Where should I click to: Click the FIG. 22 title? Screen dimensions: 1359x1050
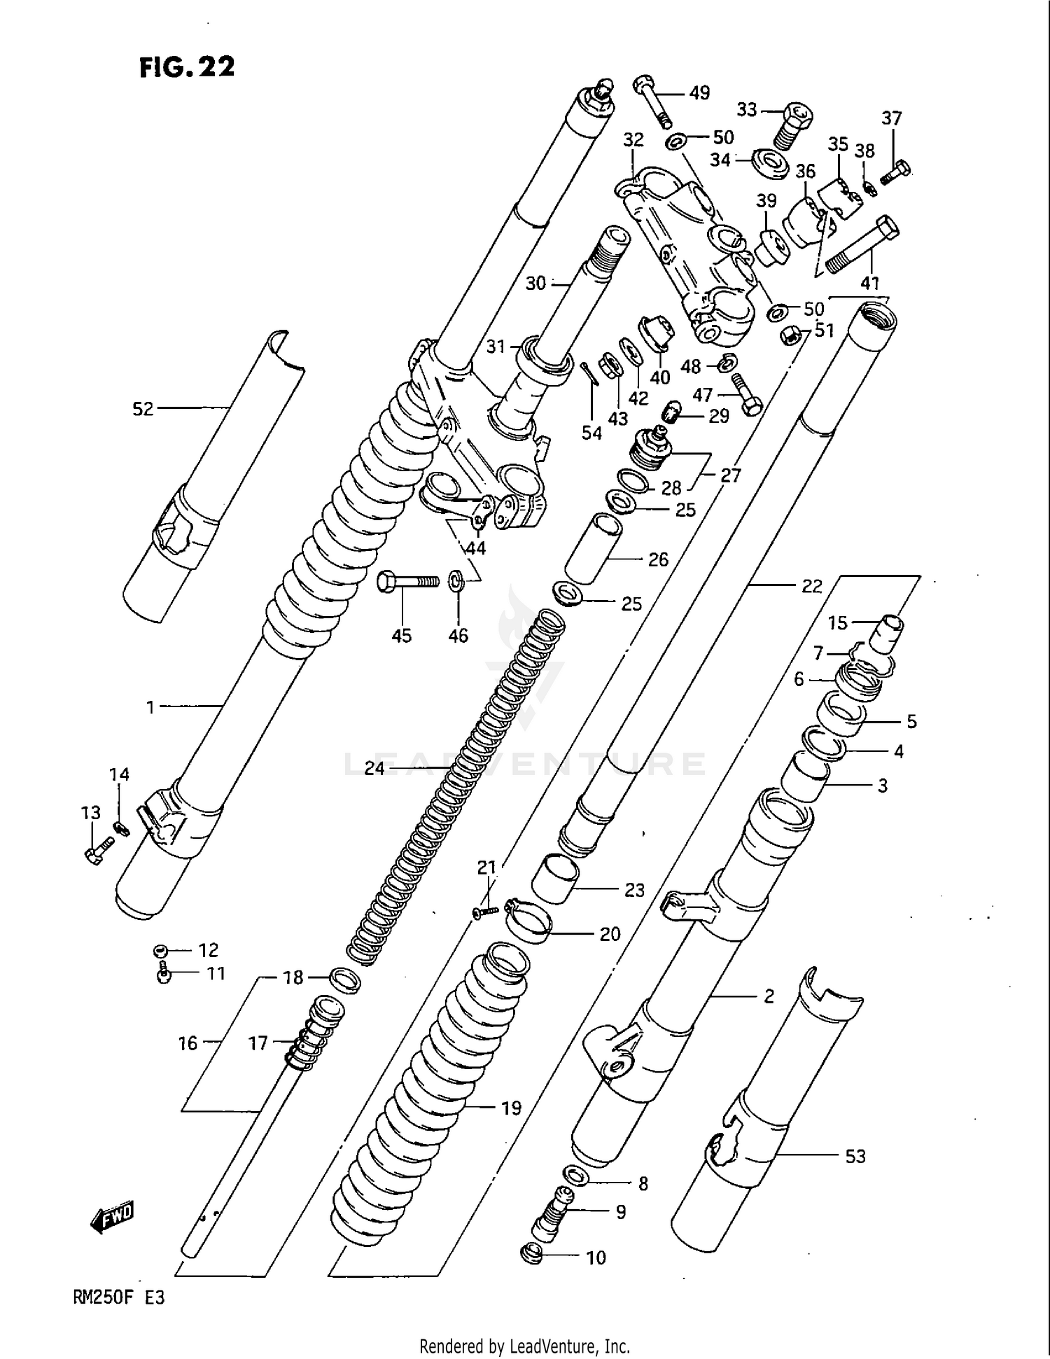187,67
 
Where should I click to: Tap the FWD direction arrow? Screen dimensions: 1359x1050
112,1219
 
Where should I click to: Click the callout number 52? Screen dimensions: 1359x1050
143,409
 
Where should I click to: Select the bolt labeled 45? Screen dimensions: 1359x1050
407,581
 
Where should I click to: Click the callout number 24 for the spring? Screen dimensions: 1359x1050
374,768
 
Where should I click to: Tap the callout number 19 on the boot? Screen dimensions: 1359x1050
511,1108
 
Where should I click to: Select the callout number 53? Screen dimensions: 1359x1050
855,1157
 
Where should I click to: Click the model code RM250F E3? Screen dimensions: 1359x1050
118,1297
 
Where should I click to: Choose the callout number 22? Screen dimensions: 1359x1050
811,585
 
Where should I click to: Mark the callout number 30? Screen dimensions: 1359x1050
535,284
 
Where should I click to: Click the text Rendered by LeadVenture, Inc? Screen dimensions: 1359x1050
524,1346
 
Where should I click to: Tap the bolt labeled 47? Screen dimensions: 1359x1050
746,395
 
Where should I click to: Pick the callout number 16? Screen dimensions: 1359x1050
188,1043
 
